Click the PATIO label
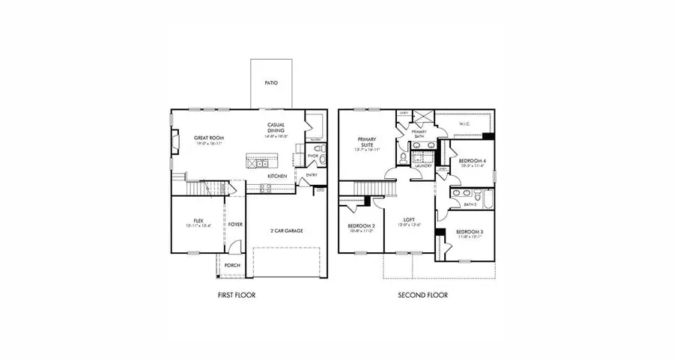tap(271, 83)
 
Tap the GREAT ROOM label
tap(208, 138)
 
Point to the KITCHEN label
tap(277, 176)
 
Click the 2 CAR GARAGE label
tap(287, 231)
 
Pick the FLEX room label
tap(198, 221)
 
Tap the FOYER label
tap(235, 224)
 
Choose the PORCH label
tap(232, 265)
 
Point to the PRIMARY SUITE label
tap(367, 142)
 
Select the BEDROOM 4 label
tap(471, 161)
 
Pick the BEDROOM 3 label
tap(470, 232)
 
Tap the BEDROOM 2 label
tap(361, 226)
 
